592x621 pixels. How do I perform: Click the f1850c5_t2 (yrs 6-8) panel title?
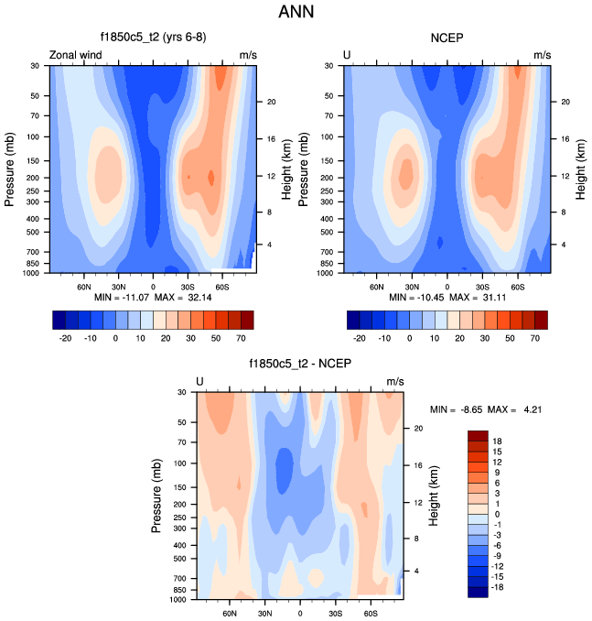(152, 38)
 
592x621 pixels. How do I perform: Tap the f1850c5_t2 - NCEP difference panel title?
(300, 364)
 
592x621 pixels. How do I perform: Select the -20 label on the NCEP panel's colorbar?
(360, 337)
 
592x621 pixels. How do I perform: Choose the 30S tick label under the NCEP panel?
(482, 286)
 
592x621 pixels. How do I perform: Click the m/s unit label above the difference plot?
(395, 381)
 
